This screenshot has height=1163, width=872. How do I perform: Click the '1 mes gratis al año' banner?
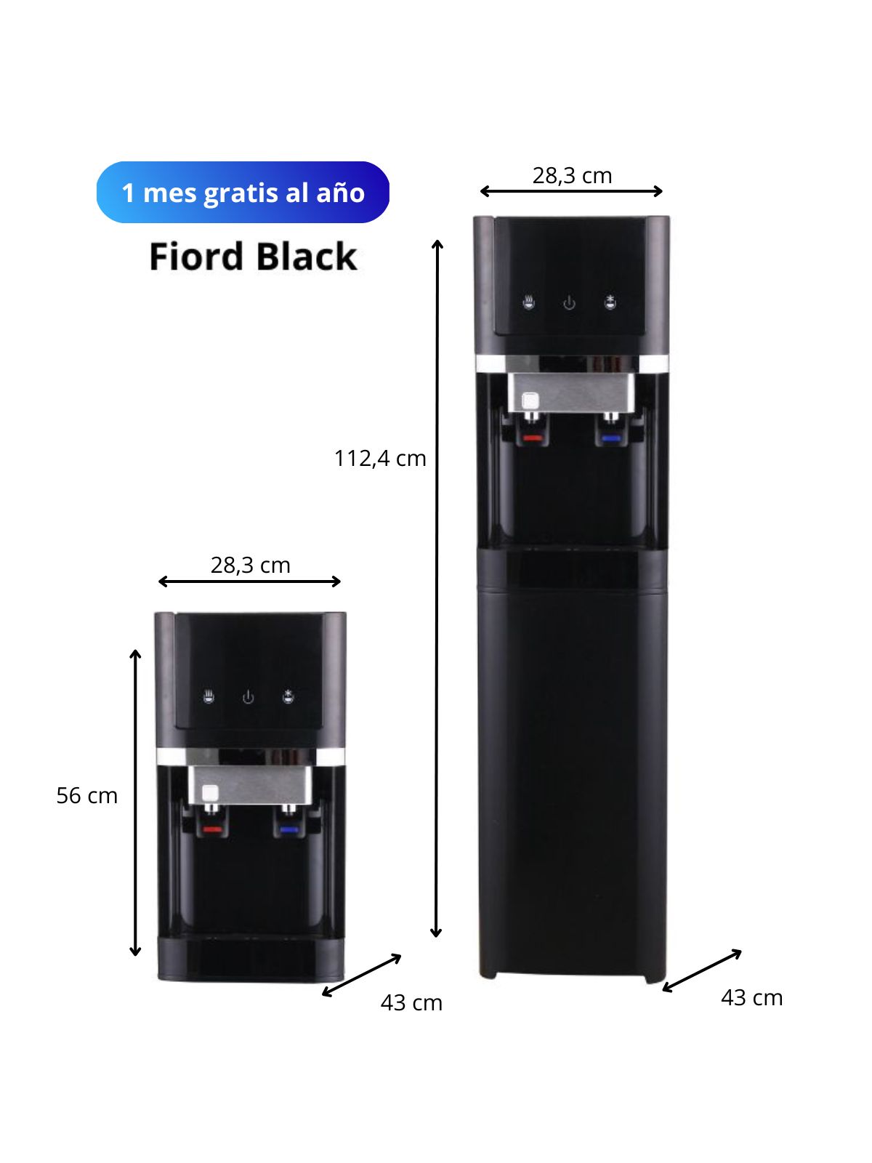(243, 193)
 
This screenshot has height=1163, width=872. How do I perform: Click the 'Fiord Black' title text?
(253, 257)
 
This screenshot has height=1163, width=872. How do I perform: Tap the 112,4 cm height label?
(379, 459)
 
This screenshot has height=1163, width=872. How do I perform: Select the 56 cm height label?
(86, 796)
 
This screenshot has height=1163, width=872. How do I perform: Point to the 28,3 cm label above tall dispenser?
(572, 176)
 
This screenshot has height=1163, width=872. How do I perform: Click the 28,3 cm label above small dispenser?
(250, 565)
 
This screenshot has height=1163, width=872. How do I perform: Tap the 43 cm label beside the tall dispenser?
(751, 998)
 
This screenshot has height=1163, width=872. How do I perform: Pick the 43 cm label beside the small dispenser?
(411, 1003)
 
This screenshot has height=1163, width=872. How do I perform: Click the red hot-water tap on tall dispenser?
(533, 438)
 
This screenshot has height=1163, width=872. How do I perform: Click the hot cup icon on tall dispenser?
(529, 302)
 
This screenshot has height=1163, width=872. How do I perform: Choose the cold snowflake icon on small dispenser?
(289, 697)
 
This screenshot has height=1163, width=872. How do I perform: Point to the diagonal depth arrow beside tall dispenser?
(702, 970)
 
